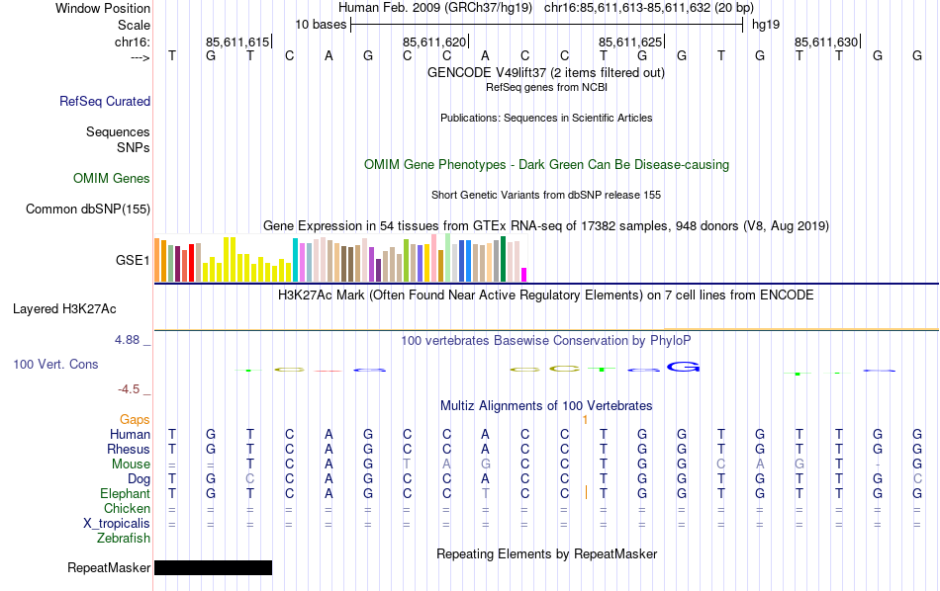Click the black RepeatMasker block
point(213,567)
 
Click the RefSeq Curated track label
point(105,101)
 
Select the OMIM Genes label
point(112,179)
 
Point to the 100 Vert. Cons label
point(55,365)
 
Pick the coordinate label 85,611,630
point(826,42)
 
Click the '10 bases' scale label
point(320,24)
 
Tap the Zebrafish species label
point(124,539)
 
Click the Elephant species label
point(125,494)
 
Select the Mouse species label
point(131,464)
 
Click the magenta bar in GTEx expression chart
point(524,275)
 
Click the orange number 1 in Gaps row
point(586,420)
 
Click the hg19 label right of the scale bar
point(766,24)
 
